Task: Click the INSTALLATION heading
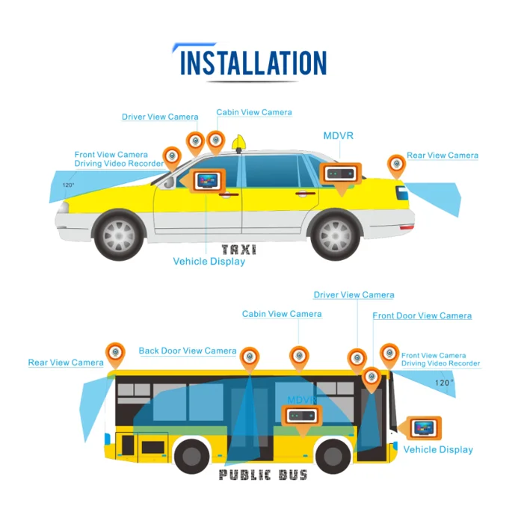point(253,63)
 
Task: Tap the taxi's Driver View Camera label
point(160,117)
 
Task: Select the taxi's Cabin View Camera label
point(254,113)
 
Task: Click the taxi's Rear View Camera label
point(442,155)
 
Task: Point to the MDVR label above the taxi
point(338,136)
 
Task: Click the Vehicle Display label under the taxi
point(209,262)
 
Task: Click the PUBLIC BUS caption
point(263,475)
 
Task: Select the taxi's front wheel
point(119,235)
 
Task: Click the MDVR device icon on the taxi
point(341,173)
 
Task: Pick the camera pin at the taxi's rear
point(396,164)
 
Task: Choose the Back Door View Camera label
point(188,351)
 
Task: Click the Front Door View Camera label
point(422,315)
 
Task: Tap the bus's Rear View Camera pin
point(115,353)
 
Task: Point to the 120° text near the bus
point(444,383)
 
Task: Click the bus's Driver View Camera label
point(354,295)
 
